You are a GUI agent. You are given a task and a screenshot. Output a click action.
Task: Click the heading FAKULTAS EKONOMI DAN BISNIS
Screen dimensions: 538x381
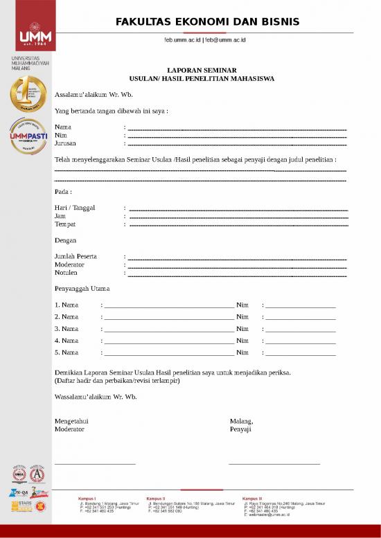point(207,21)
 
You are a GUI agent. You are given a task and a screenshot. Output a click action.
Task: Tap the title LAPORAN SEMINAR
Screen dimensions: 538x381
point(202,70)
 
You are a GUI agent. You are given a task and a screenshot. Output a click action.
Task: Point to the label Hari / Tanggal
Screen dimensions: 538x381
point(75,208)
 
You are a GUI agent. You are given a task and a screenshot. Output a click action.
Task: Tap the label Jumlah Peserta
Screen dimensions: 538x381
point(76,256)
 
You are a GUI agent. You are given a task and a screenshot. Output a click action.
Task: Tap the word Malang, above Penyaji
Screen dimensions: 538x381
point(241,420)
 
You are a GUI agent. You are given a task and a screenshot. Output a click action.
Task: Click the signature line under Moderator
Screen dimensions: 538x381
point(95,464)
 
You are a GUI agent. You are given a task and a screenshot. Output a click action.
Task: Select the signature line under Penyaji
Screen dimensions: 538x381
point(274,464)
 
